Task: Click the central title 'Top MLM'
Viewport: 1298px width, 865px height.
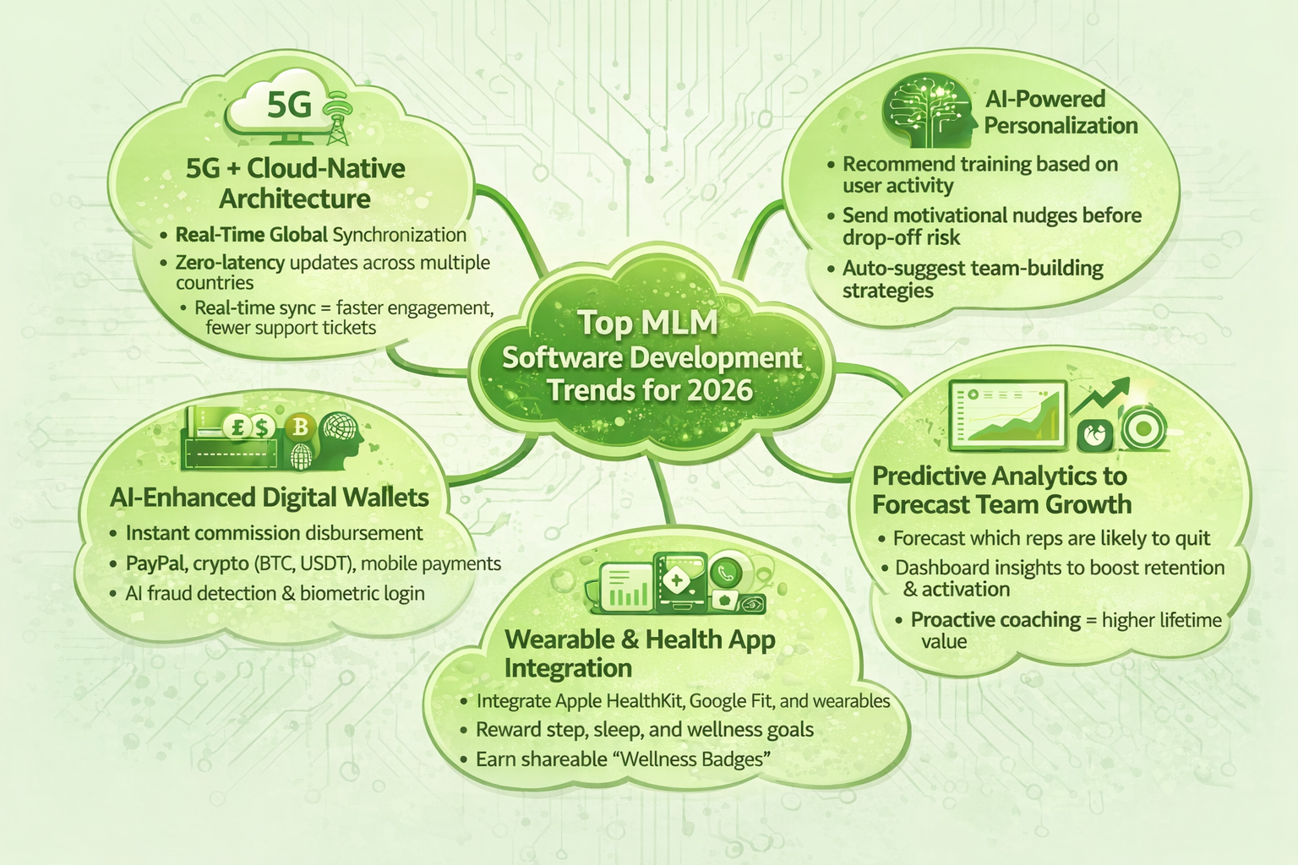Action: [x=647, y=324]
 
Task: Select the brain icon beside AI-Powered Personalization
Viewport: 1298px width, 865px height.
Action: [x=926, y=110]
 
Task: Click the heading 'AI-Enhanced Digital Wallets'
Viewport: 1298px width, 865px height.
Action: [x=270, y=498]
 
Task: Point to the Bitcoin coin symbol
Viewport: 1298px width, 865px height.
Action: [x=300, y=427]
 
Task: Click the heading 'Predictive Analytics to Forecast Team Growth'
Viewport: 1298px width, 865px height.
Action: [x=1001, y=490]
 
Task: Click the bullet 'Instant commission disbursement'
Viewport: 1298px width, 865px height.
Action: [x=274, y=533]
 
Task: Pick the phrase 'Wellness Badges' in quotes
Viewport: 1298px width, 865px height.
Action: [x=695, y=759]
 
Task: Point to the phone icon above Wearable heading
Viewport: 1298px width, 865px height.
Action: [x=726, y=572]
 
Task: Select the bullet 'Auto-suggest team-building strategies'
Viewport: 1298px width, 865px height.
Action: [x=973, y=280]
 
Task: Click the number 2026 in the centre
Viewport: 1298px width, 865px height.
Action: [x=720, y=390]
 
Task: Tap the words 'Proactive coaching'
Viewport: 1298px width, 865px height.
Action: [x=995, y=620]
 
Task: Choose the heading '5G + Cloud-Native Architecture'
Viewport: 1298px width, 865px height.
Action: [x=295, y=183]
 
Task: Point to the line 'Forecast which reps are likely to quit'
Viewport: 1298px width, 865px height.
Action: [x=1051, y=538]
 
